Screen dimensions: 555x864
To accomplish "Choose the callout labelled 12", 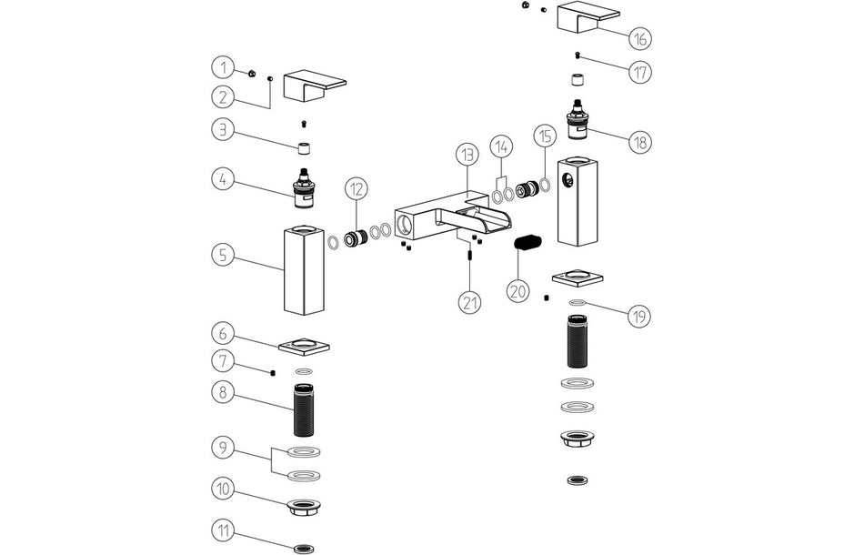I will pos(357,189).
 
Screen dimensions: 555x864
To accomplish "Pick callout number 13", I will pos(467,155).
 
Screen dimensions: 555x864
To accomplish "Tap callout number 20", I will pos(517,291).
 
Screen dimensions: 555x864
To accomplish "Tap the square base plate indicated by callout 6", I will pos(304,347).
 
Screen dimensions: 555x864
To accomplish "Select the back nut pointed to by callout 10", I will pos(304,507).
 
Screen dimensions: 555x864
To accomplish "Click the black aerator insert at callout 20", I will pos(527,242).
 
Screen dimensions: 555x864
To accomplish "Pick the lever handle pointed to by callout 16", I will pos(587,15).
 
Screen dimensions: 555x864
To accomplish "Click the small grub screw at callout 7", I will pos(273,371).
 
